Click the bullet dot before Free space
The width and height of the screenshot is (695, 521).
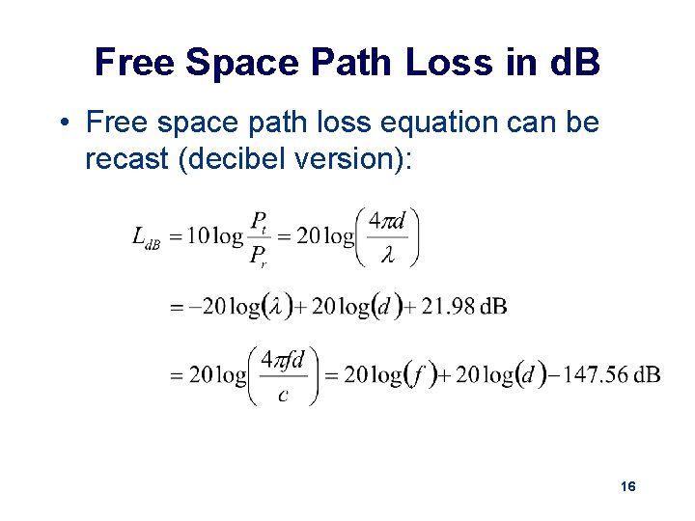pyautogui.click(x=62, y=123)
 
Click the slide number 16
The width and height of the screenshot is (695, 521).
pyautogui.click(x=627, y=487)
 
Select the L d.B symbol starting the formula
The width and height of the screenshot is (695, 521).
pyautogui.click(x=146, y=237)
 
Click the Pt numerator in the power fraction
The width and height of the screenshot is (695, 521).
pyautogui.click(x=260, y=222)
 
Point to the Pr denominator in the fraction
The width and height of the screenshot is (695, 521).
pyautogui.click(x=260, y=256)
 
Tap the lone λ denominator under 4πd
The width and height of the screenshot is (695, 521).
pyautogui.click(x=388, y=256)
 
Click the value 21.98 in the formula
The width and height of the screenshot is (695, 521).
pyautogui.click(x=449, y=307)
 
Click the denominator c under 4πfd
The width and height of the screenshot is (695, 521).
pyautogui.click(x=282, y=395)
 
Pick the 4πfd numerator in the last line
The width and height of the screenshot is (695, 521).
pyautogui.click(x=283, y=359)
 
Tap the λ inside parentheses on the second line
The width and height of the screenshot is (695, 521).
pyautogui.click(x=277, y=307)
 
